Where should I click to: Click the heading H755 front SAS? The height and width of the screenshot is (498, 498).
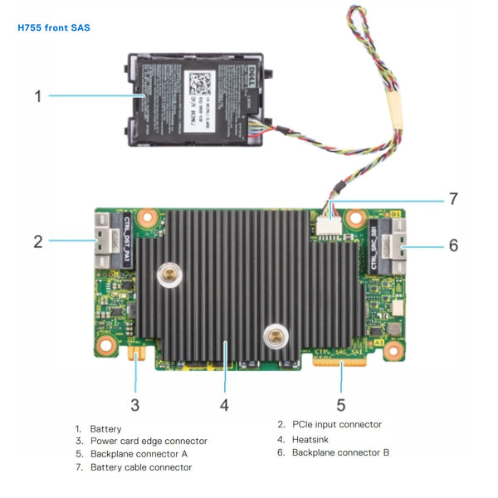[x=54, y=27]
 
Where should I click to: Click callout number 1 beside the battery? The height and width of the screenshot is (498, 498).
[x=38, y=96]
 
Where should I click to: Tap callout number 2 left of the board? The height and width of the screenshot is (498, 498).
[x=38, y=242]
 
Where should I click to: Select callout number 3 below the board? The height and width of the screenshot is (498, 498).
[x=135, y=404]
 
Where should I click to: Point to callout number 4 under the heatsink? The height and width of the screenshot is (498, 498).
[x=224, y=404]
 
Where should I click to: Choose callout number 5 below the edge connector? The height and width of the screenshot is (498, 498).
[x=340, y=404]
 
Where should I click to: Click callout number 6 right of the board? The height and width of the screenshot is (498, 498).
[x=453, y=246]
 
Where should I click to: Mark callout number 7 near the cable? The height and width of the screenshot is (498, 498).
[x=453, y=199]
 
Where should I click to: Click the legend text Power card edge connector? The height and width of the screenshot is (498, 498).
[x=149, y=441]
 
